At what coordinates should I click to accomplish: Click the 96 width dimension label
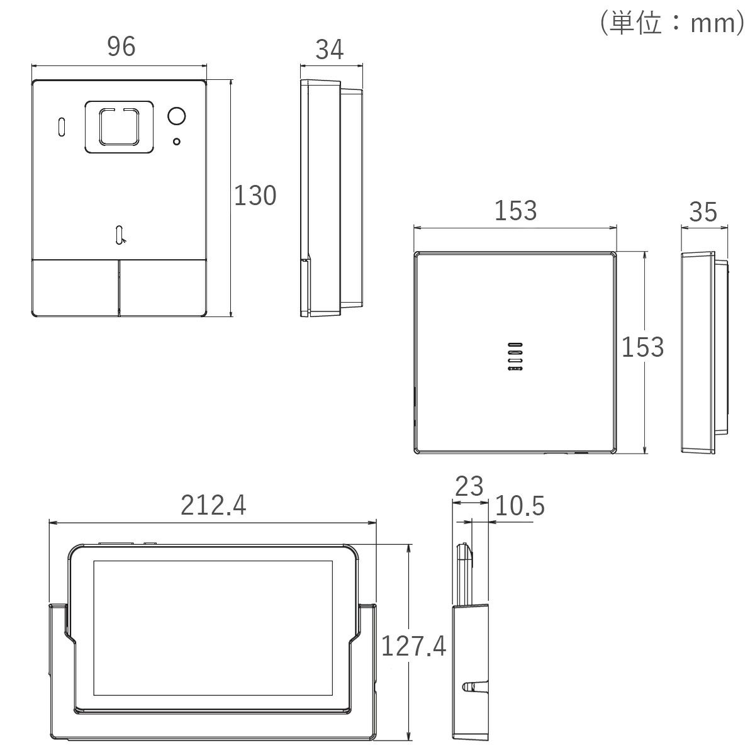[121, 46]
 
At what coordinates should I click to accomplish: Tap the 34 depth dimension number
[330, 50]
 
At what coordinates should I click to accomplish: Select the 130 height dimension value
[255, 195]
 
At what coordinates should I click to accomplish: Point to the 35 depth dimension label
[703, 212]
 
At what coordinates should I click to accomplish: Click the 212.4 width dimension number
[213, 505]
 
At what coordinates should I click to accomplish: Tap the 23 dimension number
[469, 486]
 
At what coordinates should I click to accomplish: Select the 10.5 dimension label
[520, 505]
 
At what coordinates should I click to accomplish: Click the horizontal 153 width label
[516, 211]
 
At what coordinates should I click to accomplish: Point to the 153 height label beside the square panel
[643, 347]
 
